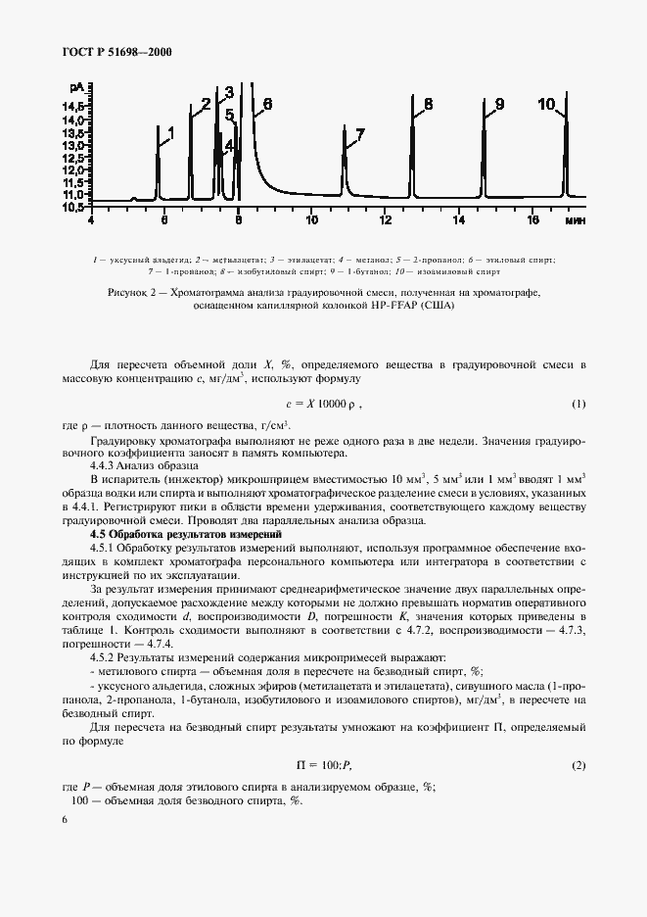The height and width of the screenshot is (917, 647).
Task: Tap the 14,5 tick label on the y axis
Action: [x=75, y=106]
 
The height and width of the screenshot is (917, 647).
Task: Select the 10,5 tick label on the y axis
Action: [x=75, y=207]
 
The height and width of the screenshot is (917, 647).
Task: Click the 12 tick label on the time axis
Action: [x=386, y=220]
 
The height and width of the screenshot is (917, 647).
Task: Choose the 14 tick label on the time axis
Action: [x=459, y=220]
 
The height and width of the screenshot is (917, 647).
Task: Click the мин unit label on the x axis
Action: [x=575, y=221]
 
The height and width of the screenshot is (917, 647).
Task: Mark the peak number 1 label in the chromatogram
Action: [x=170, y=130]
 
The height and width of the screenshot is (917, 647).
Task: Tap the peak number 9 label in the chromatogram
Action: [x=498, y=104]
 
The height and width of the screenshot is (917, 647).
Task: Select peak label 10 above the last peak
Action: [x=546, y=104]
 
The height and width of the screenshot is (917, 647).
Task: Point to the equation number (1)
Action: [x=578, y=404]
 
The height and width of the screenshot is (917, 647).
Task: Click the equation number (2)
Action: [x=578, y=764]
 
